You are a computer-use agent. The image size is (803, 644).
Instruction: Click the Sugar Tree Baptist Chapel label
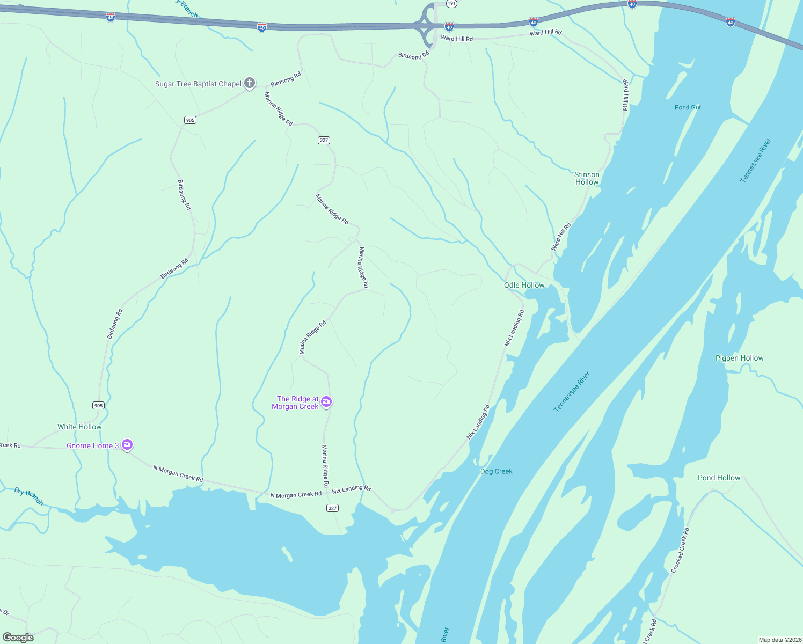[x=198, y=84]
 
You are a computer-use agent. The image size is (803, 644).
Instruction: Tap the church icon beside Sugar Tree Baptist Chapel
[x=250, y=83]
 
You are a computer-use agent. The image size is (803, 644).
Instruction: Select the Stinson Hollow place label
[x=587, y=178]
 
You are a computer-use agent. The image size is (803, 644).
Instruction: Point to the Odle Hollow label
[x=524, y=285]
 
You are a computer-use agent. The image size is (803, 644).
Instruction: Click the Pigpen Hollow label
[x=739, y=358]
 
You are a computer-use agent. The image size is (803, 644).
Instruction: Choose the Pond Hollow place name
[x=719, y=478]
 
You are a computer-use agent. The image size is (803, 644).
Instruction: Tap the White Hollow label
[x=79, y=427]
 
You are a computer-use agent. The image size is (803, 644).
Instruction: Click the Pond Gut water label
[x=688, y=107]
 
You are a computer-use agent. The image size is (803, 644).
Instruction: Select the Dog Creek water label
[x=496, y=471]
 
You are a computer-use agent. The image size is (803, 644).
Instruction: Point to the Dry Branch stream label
[x=28, y=496]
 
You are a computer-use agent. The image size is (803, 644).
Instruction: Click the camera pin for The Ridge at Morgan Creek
[x=326, y=402]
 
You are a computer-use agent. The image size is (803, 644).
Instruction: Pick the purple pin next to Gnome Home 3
[x=127, y=444]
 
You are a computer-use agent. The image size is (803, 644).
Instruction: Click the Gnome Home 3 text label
[x=92, y=445]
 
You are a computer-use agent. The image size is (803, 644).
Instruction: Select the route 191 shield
[x=451, y=3]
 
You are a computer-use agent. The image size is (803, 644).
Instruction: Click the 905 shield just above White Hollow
[x=98, y=405]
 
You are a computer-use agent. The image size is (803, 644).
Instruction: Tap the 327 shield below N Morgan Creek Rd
[x=332, y=508]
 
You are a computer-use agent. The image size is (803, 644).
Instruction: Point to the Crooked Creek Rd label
[x=680, y=550]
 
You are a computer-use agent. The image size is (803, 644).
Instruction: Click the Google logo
[x=18, y=638]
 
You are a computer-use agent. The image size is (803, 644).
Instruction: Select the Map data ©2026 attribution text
[x=778, y=640]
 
